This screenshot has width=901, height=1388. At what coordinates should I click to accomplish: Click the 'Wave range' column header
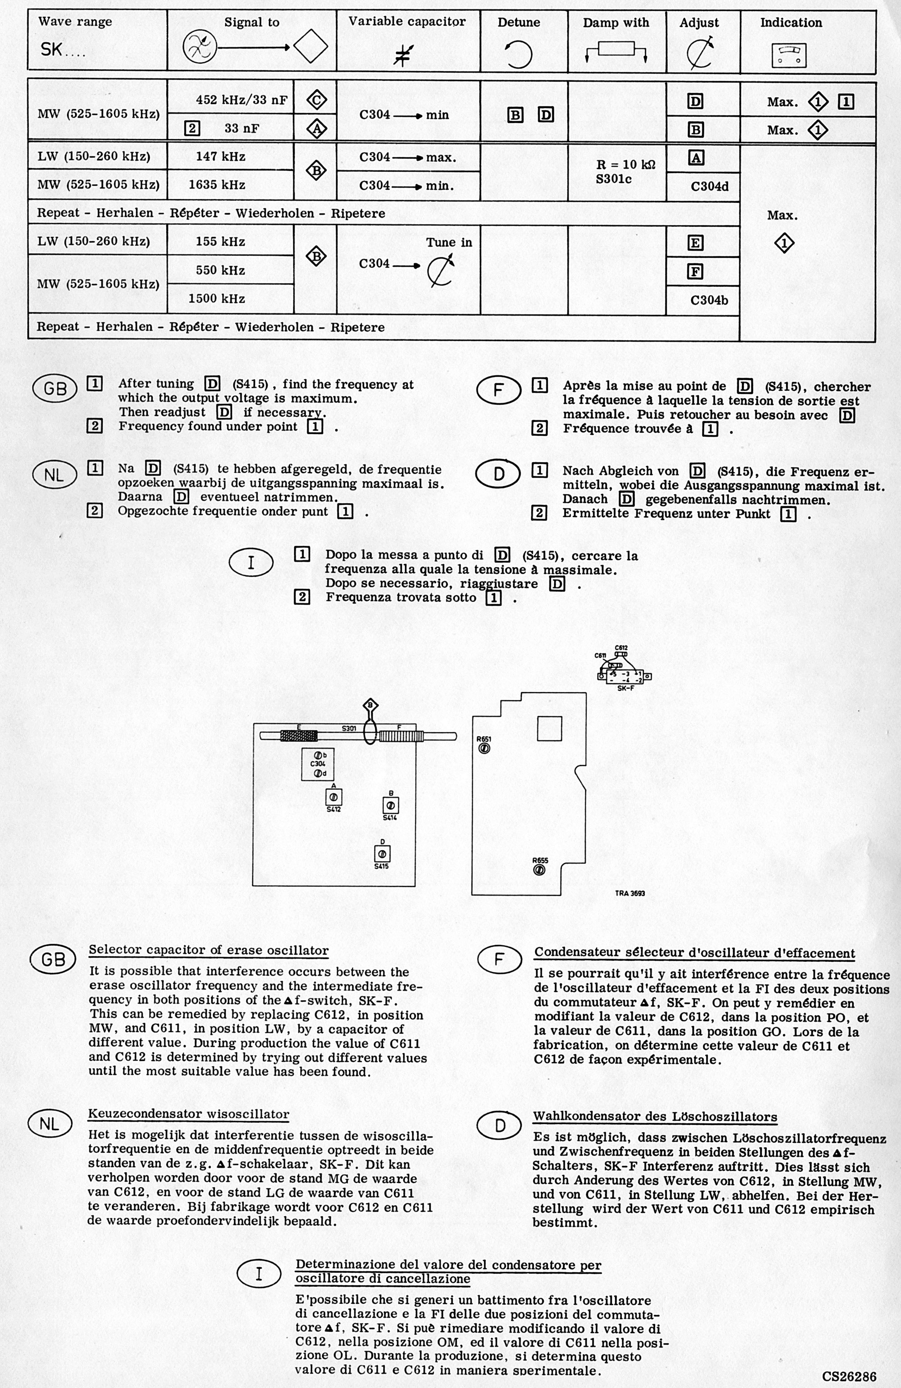tap(75, 22)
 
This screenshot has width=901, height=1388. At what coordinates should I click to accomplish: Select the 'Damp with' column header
tap(616, 23)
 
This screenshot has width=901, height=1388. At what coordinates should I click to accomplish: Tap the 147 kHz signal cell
tap(220, 157)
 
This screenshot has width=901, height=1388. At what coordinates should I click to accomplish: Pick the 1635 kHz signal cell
tap(216, 185)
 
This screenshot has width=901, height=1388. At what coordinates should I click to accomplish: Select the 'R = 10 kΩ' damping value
tap(626, 164)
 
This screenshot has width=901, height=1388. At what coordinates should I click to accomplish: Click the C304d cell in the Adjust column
tap(709, 187)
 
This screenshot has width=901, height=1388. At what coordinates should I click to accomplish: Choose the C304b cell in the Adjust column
tap(709, 300)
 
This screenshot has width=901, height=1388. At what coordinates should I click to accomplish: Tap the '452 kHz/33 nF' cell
tap(241, 100)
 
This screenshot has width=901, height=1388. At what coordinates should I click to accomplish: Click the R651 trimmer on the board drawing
tap(484, 748)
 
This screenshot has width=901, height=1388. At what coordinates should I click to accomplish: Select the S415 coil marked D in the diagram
tap(382, 854)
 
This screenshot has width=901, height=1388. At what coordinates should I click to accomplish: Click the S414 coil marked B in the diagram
tap(390, 806)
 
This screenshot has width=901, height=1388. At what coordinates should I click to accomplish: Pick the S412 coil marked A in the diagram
tap(333, 797)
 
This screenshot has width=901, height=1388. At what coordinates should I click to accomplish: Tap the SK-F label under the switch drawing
tap(625, 688)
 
